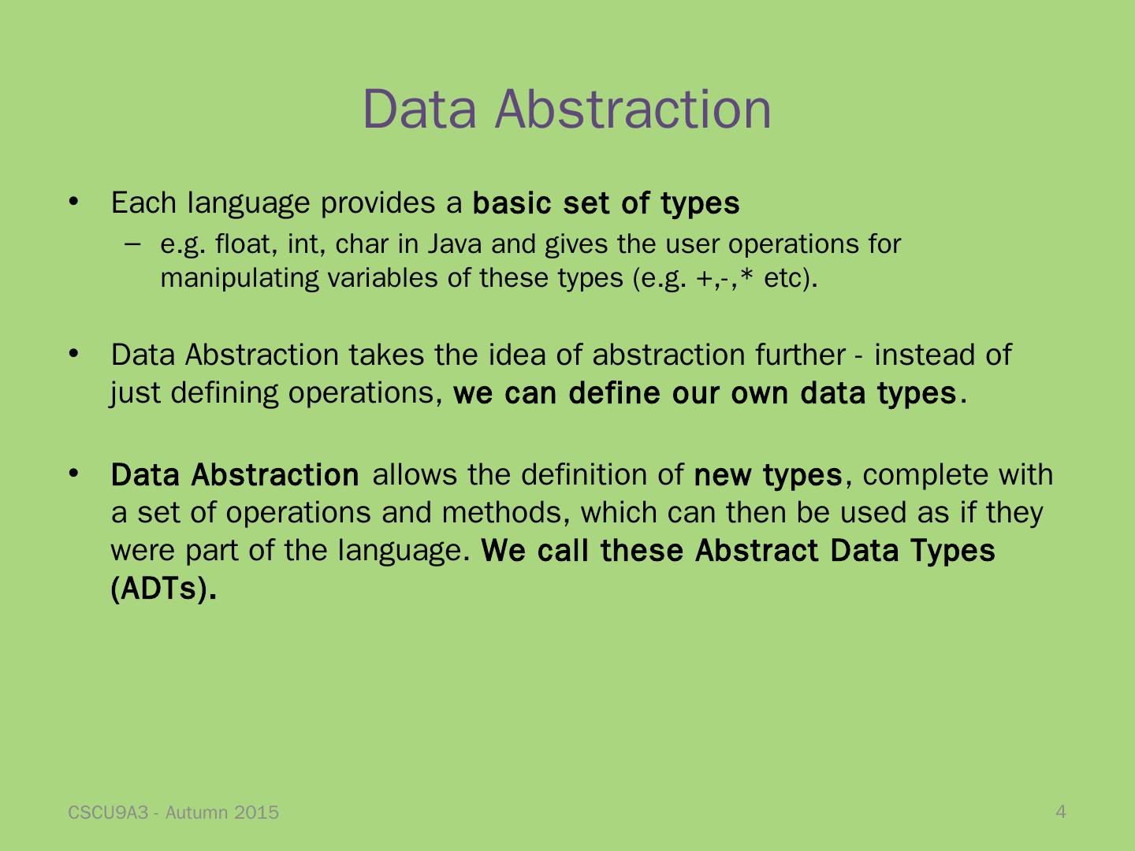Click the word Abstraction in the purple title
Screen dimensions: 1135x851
[x=633, y=110]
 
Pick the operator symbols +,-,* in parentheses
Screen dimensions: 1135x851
[x=724, y=278]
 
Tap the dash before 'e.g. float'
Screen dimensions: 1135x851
[x=133, y=244]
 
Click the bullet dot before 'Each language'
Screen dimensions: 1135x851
[x=73, y=201]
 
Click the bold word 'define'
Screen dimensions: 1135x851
[x=614, y=393]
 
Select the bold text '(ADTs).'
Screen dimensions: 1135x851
[x=163, y=589]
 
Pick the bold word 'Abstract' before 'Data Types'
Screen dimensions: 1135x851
[x=757, y=550]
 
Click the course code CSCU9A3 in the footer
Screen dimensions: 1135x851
[x=108, y=812]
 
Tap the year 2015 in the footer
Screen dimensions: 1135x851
[x=256, y=812]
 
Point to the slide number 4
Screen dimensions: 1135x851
[x=1061, y=812]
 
